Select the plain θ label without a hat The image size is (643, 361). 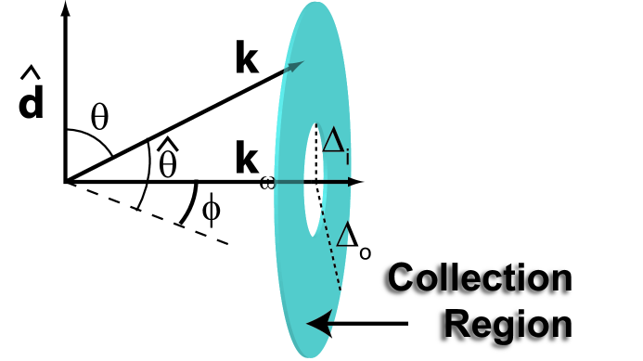point(99,118)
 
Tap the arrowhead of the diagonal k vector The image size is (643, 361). point(296,65)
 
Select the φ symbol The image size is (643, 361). point(212,210)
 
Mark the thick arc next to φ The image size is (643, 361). point(190,205)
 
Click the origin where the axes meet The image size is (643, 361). point(65,181)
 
